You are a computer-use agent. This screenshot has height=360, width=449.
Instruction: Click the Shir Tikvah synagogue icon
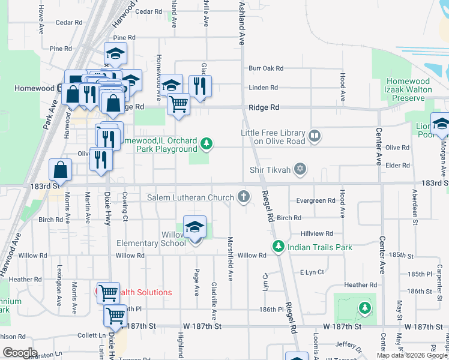[301, 170]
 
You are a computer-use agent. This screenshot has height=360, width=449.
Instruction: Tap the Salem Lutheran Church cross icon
[244, 197]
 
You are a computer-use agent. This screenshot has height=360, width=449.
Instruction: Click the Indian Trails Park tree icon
[278, 246]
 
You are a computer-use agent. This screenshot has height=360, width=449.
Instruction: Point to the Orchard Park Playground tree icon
[206, 143]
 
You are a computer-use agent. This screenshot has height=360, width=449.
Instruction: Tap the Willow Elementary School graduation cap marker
[194, 228]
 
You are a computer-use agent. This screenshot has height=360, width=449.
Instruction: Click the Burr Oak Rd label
[266, 69]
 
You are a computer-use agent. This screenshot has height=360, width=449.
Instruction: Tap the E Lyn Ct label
[312, 272]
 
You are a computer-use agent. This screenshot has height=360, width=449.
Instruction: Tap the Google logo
[20, 352]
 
